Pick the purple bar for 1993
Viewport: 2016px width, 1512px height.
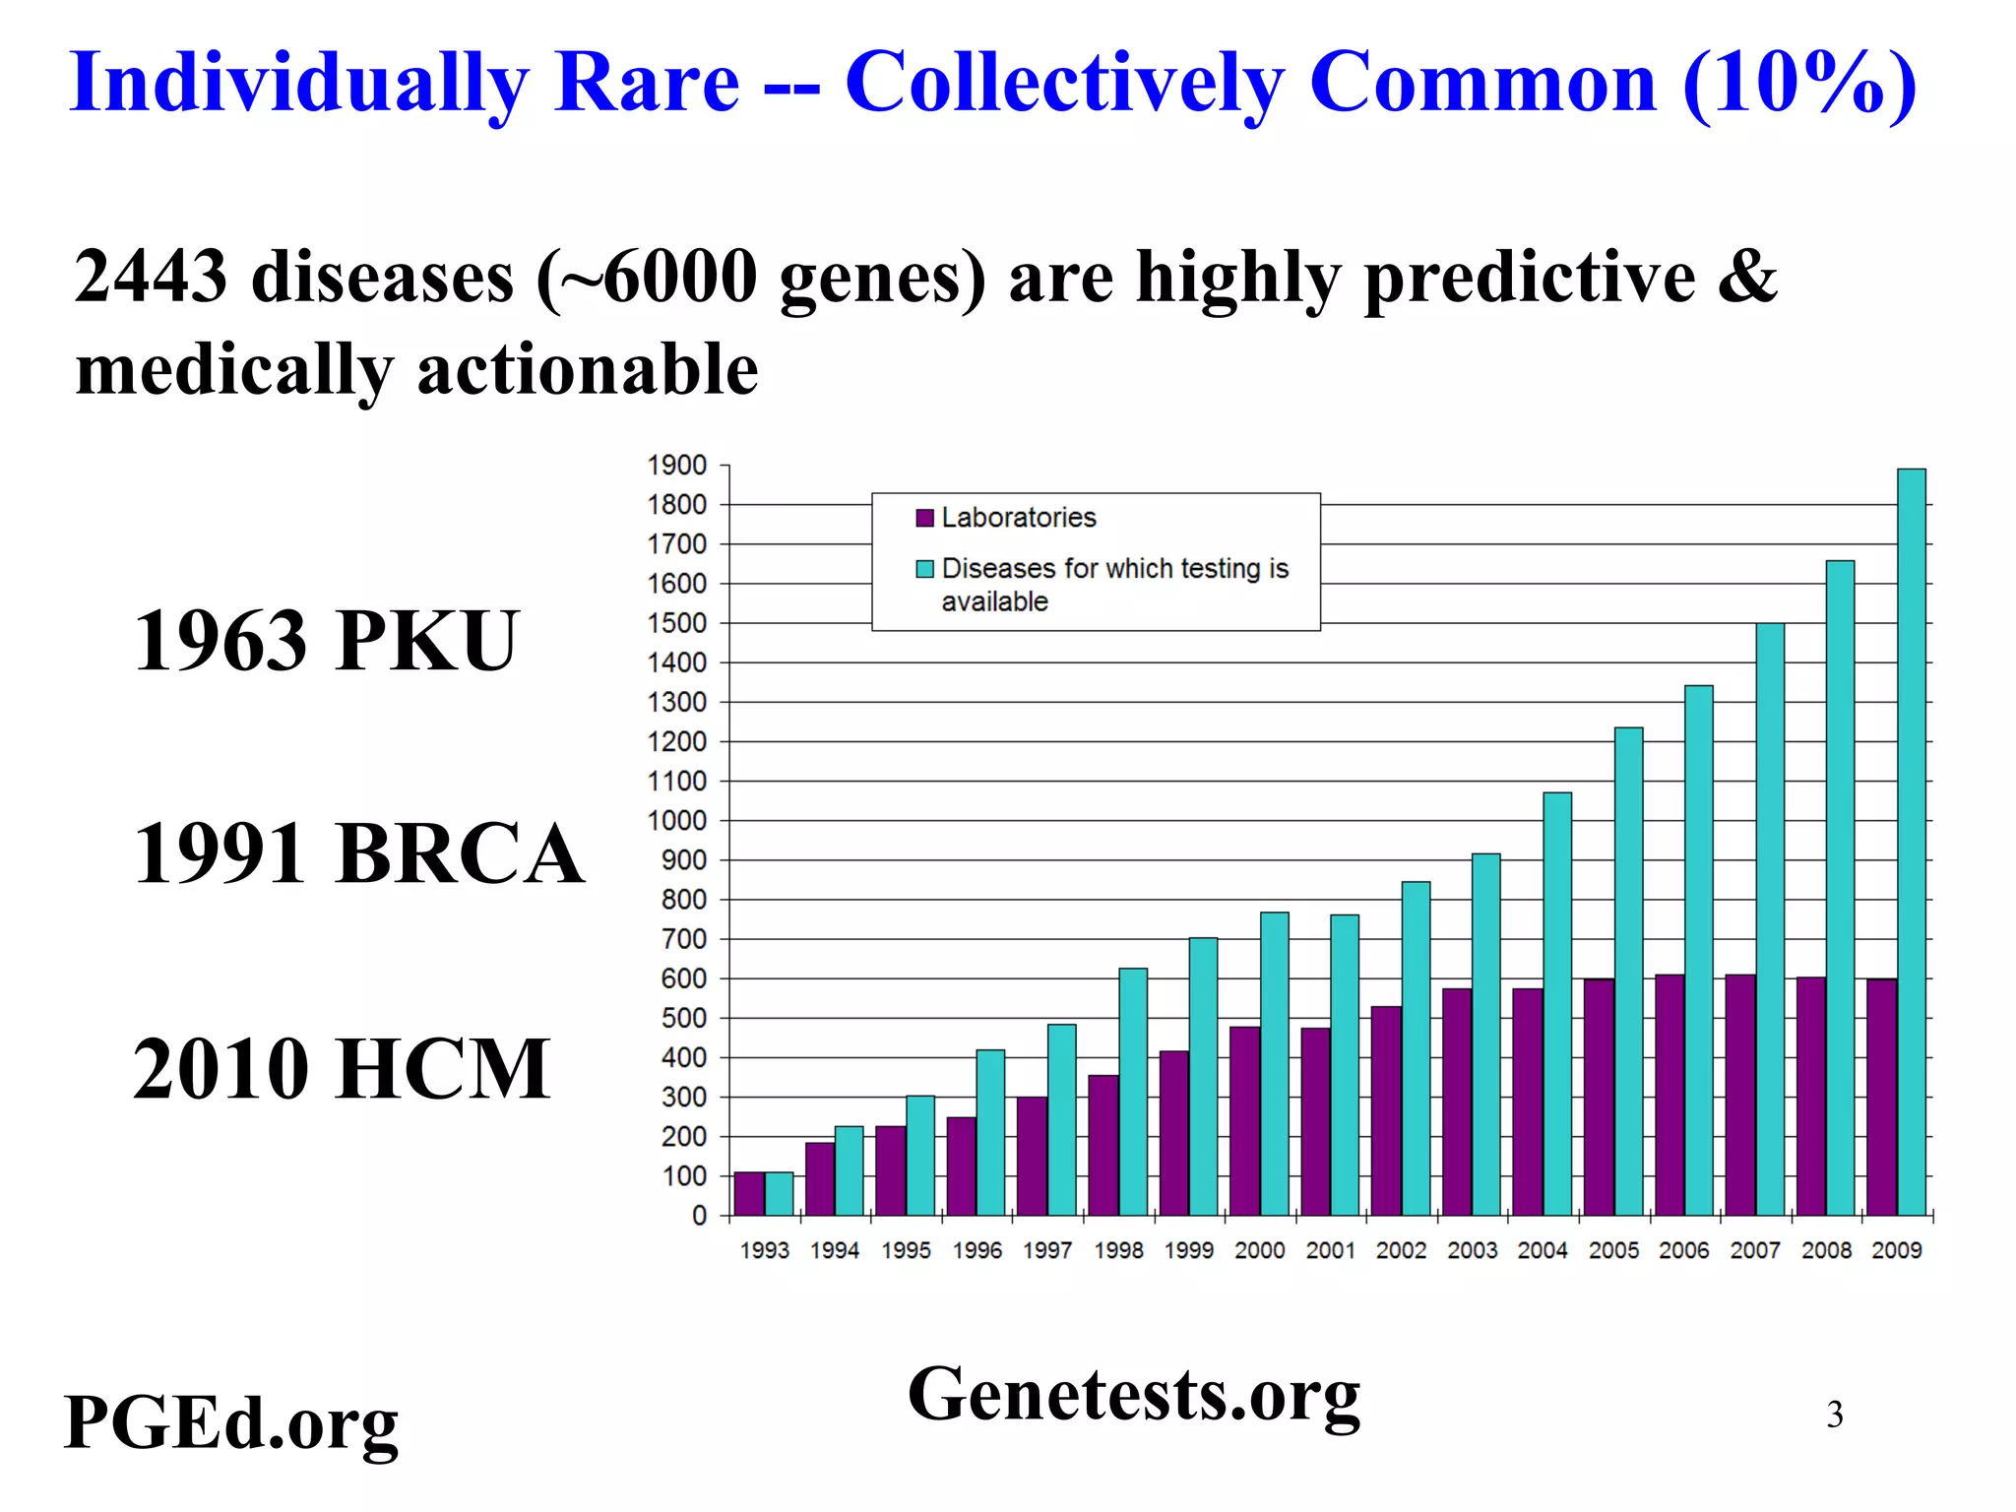749,1193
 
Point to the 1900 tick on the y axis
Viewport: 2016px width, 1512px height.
676,466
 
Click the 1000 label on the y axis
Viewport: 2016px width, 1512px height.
676,821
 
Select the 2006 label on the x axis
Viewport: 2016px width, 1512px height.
1683,1250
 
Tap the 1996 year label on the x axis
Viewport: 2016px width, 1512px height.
976,1250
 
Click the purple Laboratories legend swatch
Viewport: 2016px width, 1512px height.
924,518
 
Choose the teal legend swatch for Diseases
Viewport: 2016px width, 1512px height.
924,569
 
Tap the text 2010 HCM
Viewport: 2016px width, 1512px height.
341,1069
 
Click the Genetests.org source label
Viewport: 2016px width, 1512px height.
1133,1395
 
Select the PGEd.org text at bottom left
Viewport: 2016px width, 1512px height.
230,1423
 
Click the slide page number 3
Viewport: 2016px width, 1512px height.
1834,1415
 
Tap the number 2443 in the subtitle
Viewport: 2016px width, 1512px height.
151,277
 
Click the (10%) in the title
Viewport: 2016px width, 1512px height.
1799,83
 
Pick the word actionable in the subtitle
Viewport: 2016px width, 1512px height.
588,370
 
